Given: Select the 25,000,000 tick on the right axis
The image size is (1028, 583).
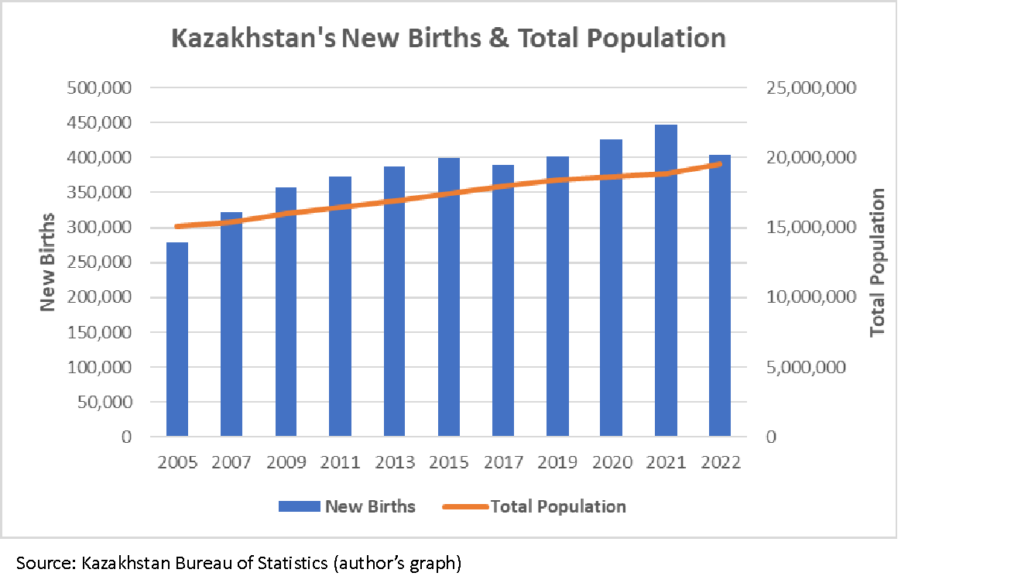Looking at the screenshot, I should (810, 87).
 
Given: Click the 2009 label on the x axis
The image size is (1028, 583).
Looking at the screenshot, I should (286, 462).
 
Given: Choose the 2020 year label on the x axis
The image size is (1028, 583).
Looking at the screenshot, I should (612, 462).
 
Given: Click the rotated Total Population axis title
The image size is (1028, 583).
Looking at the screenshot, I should (877, 263).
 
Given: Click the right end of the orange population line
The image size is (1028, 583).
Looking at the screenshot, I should (720, 164).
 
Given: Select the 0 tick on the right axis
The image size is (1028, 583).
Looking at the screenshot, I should (771, 437).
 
